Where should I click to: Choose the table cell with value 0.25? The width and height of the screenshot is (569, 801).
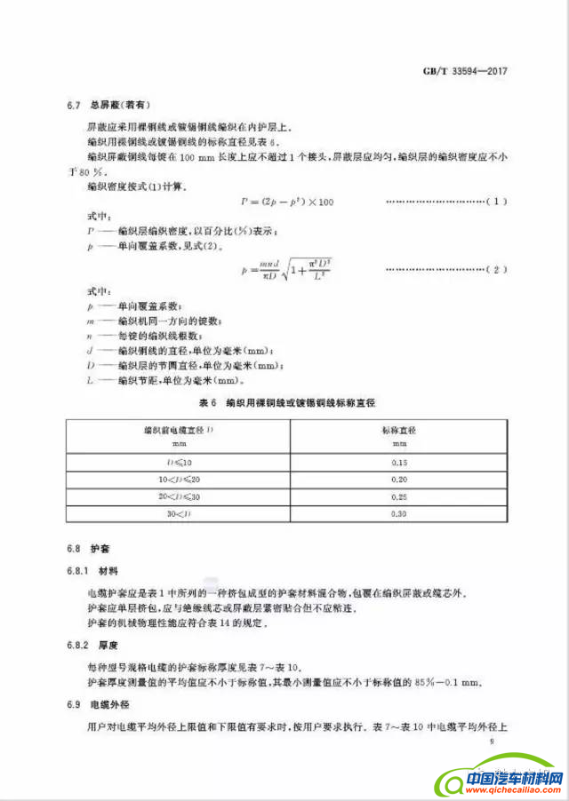[x=400, y=497]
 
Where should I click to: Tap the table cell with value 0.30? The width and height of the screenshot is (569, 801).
[x=400, y=514]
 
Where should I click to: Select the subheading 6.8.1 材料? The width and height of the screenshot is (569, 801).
[x=97, y=568]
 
